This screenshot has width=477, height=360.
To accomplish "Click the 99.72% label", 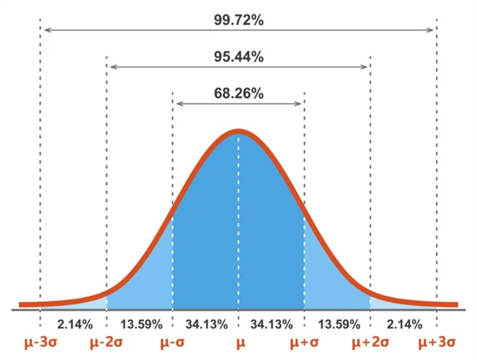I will coord(238,20).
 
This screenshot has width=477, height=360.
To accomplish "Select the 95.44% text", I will coord(238,57).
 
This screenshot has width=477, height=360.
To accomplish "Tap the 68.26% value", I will coord(238,93).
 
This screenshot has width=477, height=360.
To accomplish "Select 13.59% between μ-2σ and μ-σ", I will coord(140,322).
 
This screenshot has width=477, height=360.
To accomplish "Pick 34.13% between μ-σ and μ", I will coord(205,322).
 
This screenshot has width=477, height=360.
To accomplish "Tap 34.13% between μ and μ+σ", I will coord(271,322).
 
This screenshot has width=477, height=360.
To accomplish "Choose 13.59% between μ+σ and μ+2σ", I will coord(337,322).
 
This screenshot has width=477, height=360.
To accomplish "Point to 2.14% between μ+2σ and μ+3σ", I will coord(403,322).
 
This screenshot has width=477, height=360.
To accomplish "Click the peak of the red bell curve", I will coord(238,131).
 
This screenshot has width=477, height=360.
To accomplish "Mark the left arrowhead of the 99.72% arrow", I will coord(44,30).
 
